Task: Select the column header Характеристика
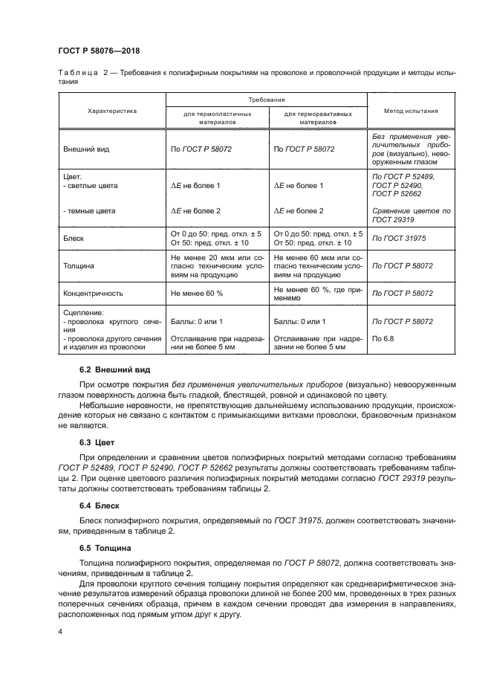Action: pyautogui.click(x=112, y=111)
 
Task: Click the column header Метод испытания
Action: pyautogui.click(x=410, y=111)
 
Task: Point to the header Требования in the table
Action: pyautogui.click(x=267, y=98)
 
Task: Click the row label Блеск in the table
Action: pyautogui.click(x=77, y=239)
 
